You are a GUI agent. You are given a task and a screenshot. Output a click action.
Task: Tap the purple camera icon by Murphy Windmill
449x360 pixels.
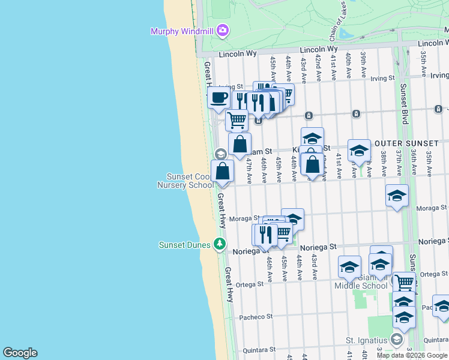pos(223,30)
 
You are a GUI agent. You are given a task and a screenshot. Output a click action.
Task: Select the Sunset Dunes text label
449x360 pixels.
pos(184,245)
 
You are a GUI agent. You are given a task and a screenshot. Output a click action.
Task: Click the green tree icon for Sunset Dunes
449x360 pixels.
pos(220,244)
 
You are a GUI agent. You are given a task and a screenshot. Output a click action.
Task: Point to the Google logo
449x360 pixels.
pos(20,353)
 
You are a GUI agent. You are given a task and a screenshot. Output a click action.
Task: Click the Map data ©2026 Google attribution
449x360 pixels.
pos(412,355)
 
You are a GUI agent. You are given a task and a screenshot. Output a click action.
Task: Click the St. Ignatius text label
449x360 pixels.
pos(367,340)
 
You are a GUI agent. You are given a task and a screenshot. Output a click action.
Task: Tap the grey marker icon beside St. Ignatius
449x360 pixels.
pos(396,340)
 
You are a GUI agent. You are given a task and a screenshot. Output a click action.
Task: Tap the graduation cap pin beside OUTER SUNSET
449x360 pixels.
pos(359,151)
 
